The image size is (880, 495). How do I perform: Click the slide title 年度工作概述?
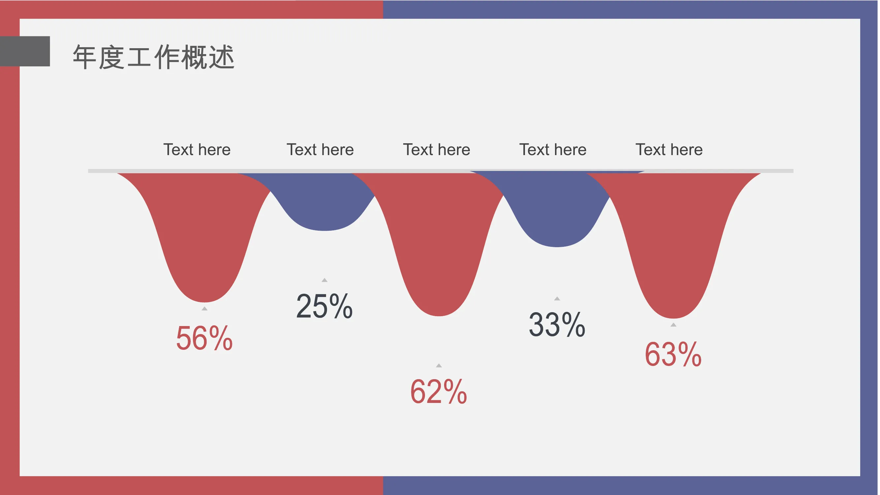tap(153, 57)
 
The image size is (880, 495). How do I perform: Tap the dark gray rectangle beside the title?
tap(25, 51)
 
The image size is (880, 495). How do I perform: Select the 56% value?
tap(204, 339)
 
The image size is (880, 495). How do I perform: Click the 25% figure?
tap(324, 306)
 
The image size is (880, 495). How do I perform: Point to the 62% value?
tap(439, 392)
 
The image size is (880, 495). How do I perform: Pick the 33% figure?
tap(557, 325)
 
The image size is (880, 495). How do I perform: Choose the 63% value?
tap(673, 355)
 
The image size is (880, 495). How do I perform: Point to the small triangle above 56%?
tap(204, 309)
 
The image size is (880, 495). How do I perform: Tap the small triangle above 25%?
tap(325, 280)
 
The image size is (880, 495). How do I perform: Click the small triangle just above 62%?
tap(439, 366)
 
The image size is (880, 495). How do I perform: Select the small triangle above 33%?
tap(557, 299)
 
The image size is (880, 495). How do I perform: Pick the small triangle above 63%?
tap(673, 325)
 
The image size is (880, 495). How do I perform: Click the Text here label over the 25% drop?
tap(320, 149)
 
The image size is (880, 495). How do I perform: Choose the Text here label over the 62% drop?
tap(437, 149)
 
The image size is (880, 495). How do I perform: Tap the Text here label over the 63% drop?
tap(669, 149)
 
